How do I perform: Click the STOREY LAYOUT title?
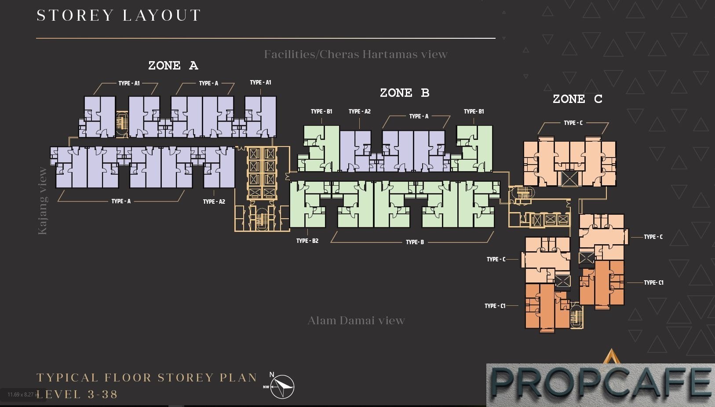[118, 15]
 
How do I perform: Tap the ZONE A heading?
[173, 66]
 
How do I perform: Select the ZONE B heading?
[405, 93]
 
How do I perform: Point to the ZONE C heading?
[577, 99]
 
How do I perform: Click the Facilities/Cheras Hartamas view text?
[356, 54]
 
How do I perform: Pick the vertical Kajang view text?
[43, 201]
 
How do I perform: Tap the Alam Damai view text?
[356, 320]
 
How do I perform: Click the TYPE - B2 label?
[307, 241]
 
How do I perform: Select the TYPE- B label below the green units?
[415, 242]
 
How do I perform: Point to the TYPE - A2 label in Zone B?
[359, 111]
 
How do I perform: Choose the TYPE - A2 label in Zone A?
[214, 202]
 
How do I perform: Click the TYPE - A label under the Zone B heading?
[419, 116]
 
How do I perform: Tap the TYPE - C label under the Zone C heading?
[573, 123]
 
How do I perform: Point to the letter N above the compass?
[272, 374]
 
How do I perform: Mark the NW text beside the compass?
[266, 387]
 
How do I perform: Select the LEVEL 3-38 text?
[77, 395]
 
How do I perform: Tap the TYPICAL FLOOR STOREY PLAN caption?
[147, 378]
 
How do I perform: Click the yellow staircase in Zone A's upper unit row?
[121, 123]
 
